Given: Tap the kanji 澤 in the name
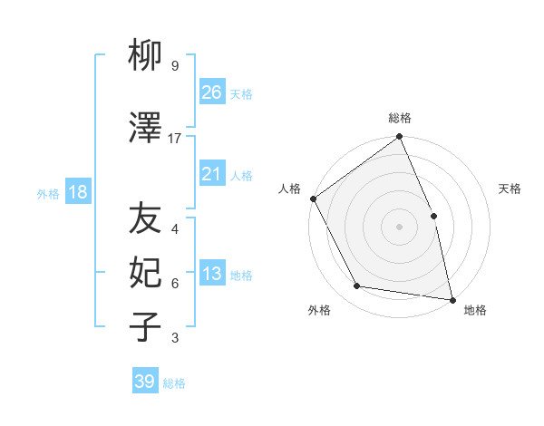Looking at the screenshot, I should point(145,129).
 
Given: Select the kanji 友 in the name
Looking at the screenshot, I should point(145,218).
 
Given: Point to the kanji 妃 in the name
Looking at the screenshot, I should point(145,273).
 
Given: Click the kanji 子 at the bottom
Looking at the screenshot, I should point(145,327).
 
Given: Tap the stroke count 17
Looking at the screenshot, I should point(175,138).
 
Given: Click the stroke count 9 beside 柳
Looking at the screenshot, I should point(174,66).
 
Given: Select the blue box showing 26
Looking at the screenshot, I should point(211,92).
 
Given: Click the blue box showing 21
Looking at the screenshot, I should point(211,174).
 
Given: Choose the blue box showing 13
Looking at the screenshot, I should point(211,274).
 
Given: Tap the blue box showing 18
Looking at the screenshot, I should point(77,192).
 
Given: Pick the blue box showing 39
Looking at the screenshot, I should point(144,382).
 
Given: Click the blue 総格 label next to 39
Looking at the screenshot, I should point(174,383).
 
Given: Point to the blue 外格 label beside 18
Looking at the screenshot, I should point(48,193).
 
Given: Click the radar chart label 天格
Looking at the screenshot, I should point(510,189).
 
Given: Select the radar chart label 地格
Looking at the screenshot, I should point(475,310).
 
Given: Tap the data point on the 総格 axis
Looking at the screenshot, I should point(399,138).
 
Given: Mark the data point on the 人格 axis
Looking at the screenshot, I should point(314,198).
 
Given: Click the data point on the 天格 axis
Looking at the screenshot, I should point(433,216).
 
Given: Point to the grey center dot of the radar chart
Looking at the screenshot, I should point(399,227).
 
